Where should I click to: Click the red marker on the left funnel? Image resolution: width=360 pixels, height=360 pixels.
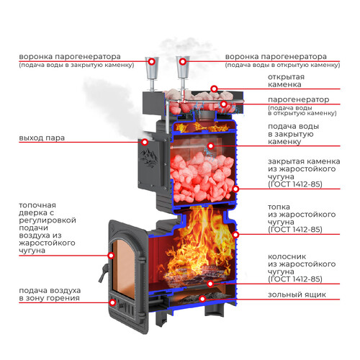point(151,62)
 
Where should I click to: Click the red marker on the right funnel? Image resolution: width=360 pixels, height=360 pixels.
point(183,62)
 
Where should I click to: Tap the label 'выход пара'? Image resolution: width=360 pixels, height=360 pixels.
point(42,138)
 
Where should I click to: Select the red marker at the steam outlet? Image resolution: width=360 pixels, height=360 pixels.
point(145,143)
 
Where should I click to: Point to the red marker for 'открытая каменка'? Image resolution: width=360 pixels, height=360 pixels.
point(214,89)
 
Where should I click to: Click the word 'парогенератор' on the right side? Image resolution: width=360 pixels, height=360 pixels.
point(298,99)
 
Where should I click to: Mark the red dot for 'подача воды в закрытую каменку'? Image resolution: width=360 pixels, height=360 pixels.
point(211,145)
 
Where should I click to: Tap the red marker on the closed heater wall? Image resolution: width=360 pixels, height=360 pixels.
point(235,189)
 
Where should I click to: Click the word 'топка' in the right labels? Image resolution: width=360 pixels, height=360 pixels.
point(279,207)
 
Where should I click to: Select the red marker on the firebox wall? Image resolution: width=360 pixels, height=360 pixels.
point(235,235)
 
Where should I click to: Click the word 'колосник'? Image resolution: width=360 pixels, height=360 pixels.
point(287,256)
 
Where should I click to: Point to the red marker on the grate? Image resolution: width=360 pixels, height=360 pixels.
point(210,284)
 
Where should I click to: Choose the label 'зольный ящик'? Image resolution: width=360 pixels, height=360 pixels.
point(297,294)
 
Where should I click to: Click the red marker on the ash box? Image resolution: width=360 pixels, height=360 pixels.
point(202,299)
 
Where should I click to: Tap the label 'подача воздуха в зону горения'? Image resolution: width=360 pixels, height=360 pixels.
point(50,294)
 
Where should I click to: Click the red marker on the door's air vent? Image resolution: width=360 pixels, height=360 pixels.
point(112,302)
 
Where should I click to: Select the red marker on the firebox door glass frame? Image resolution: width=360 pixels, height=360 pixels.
point(111,256)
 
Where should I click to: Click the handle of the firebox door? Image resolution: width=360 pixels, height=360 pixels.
point(103,273)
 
